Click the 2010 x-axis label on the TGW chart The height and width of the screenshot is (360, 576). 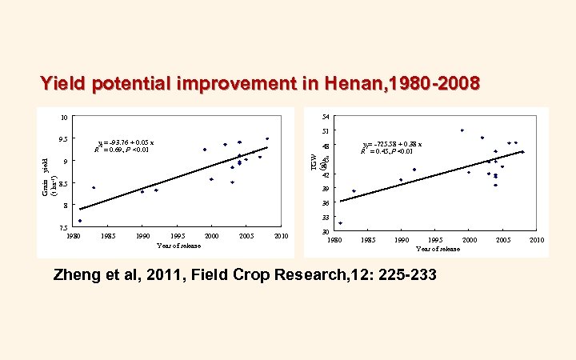(537, 240)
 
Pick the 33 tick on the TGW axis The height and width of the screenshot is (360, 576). (325, 218)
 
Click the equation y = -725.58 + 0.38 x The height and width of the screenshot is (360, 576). (392, 144)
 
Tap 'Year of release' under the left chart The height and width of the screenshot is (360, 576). (179, 246)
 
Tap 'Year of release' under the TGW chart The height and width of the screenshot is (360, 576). (438, 249)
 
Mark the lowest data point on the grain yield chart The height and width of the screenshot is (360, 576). (80, 221)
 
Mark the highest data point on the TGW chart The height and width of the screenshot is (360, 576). (462, 130)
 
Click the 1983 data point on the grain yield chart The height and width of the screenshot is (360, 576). (94, 187)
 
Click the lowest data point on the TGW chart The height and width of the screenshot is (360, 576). (340, 223)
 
